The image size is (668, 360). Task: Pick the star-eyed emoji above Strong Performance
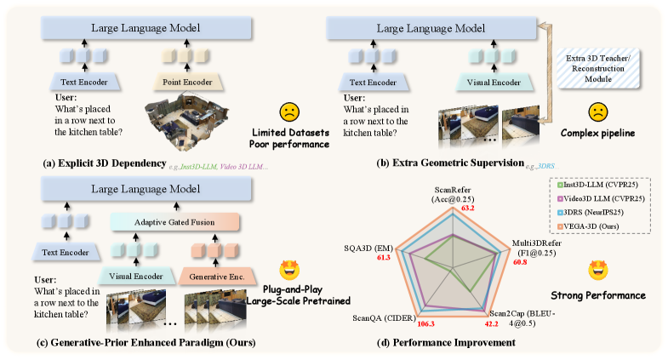point(599,271)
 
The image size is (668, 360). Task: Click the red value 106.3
point(430,324)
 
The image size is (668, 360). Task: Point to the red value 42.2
point(490,323)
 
